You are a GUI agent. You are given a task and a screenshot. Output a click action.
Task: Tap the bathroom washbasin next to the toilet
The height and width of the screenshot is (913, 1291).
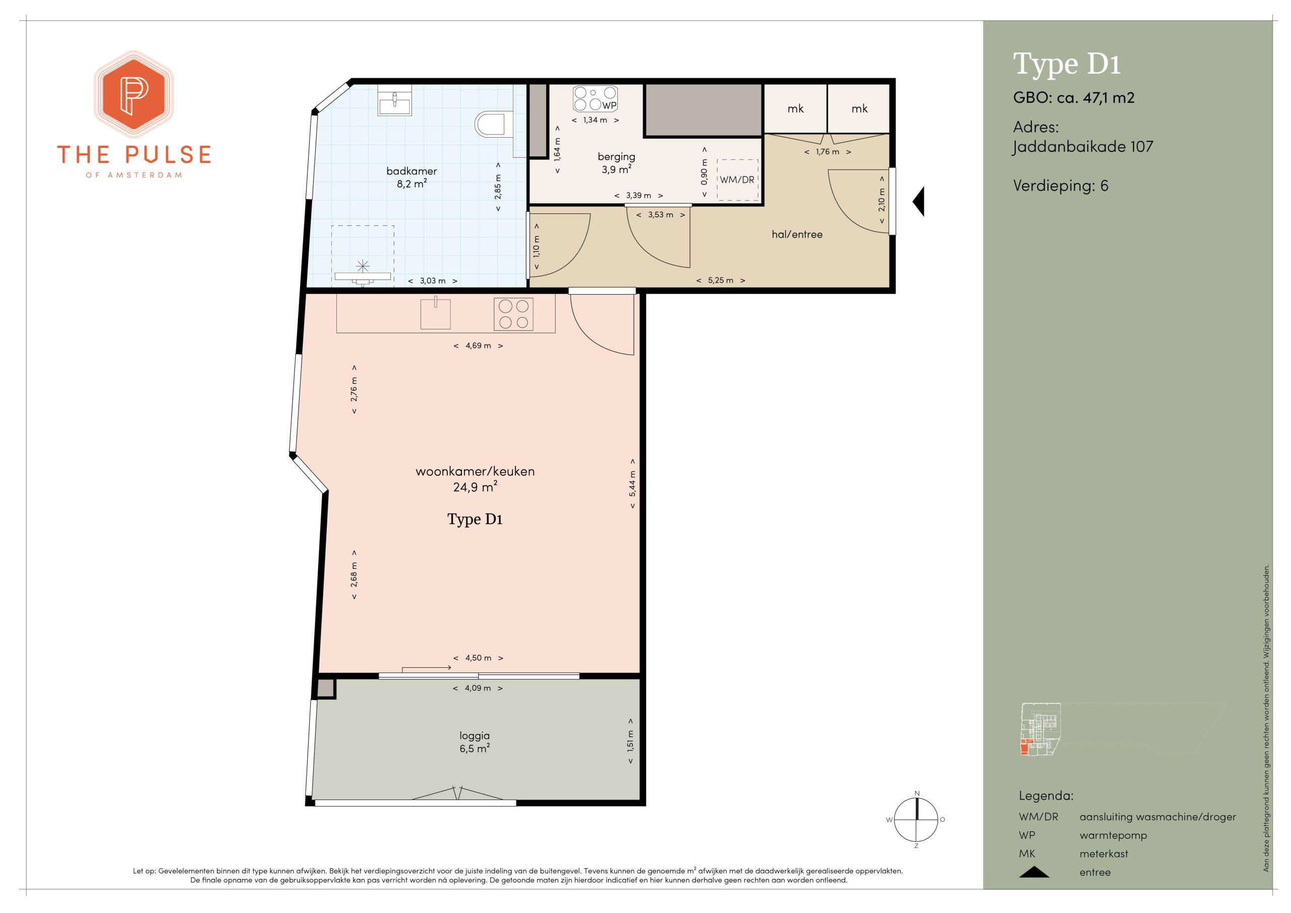[394, 102]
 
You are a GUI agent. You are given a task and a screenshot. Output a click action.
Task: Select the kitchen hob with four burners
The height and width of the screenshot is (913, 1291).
[514, 314]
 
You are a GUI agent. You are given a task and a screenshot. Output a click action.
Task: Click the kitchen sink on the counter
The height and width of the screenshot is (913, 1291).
[436, 314]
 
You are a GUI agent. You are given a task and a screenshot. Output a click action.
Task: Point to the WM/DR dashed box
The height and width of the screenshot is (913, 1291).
[738, 180]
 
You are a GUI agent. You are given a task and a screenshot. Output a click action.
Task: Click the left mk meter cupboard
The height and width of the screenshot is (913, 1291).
[795, 109]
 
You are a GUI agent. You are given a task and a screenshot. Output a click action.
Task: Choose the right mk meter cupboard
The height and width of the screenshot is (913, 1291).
[859, 109]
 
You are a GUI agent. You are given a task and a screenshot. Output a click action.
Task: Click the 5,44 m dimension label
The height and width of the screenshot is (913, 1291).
[632, 483]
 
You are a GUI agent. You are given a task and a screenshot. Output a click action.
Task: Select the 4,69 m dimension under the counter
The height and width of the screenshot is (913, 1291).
[478, 346]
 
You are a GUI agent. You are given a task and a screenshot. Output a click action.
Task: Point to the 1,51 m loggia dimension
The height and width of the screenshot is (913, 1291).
[630, 741]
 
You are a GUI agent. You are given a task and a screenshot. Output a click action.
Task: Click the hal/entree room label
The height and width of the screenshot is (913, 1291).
[797, 235]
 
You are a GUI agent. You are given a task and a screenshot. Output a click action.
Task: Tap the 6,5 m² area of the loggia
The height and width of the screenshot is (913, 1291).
[474, 749]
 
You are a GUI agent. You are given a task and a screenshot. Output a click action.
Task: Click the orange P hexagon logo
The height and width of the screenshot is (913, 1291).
[133, 94]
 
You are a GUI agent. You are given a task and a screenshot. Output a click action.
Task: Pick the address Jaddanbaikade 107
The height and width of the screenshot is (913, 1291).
[1083, 147]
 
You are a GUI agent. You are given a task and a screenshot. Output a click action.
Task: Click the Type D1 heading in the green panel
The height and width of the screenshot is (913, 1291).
[1067, 64]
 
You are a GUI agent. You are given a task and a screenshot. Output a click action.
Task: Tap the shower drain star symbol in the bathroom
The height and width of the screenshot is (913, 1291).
[363, 265]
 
